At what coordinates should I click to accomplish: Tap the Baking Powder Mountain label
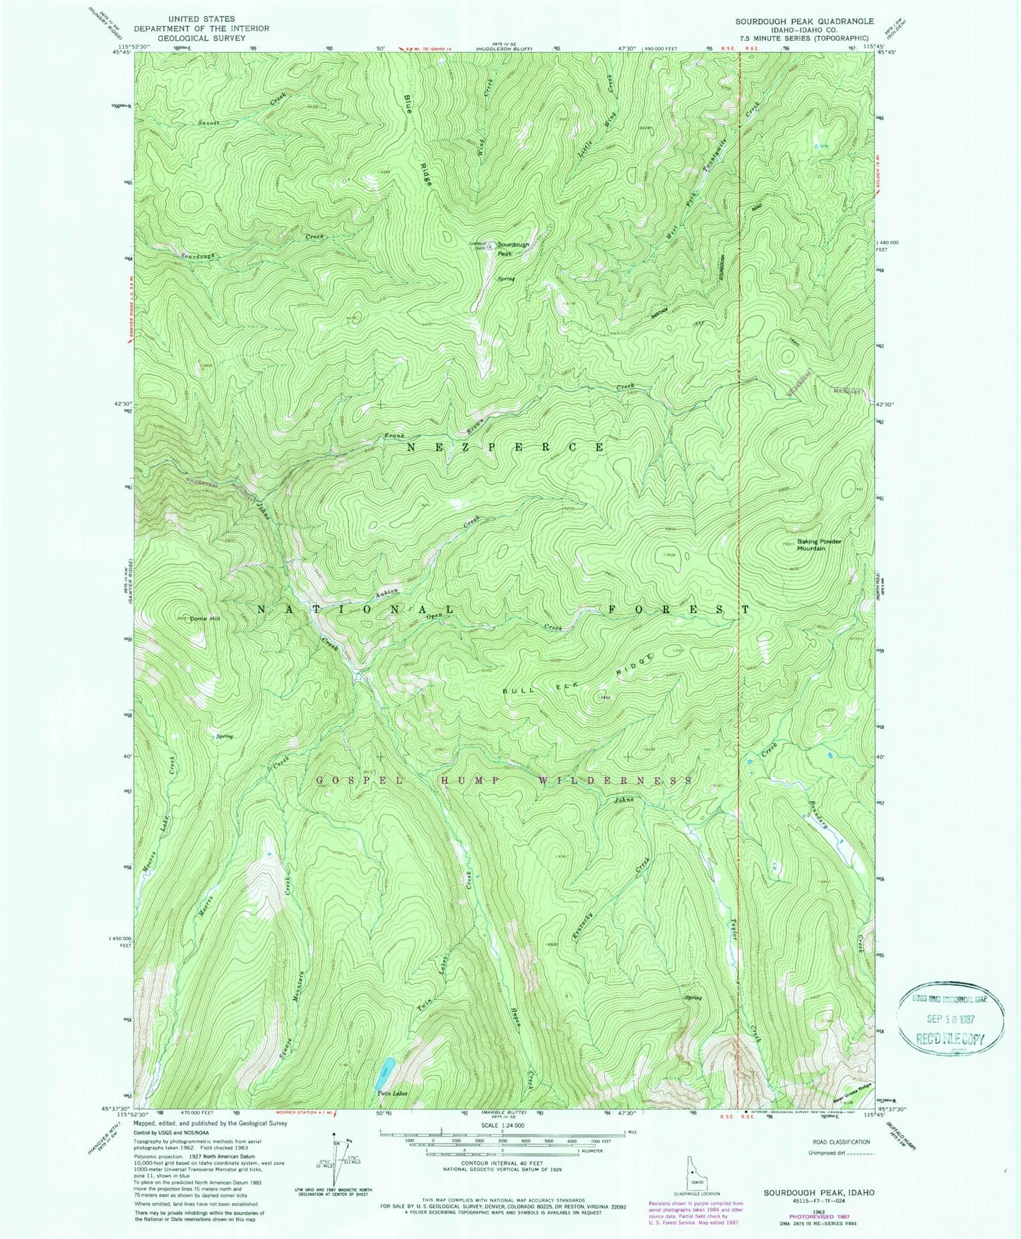[x=820, y=545]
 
